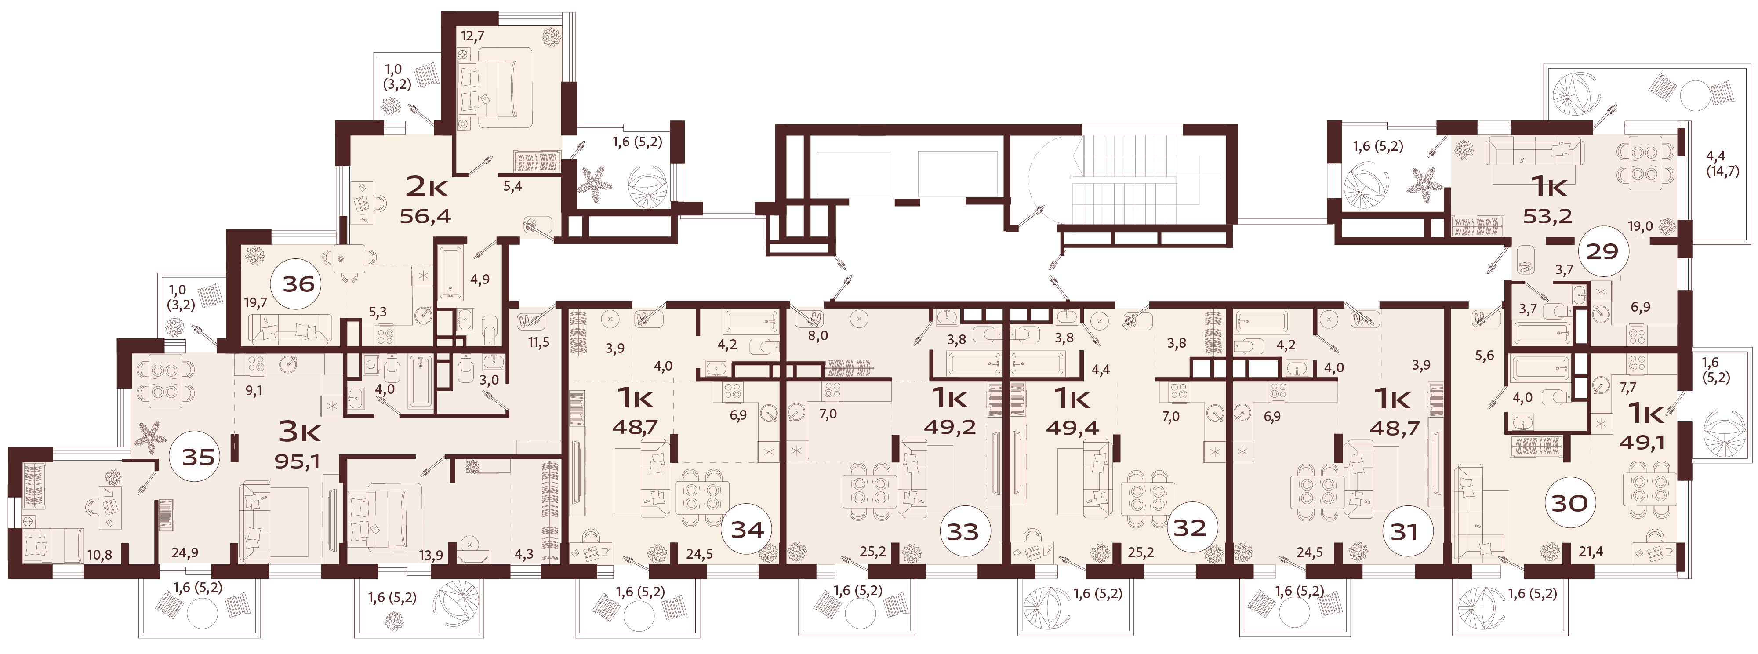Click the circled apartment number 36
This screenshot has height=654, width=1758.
tap(298, 283)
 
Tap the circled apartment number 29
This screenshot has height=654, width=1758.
tap(1602, 251)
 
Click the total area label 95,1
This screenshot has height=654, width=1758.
tap(298, 462)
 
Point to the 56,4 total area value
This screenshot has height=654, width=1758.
tap(425, 216)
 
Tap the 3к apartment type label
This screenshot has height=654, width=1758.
tap(300, 432)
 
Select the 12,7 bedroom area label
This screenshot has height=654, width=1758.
tap(472, 36)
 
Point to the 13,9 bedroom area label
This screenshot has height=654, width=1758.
tap(431, 555)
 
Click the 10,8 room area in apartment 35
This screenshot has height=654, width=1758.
tap(100, 555)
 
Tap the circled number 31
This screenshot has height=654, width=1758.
tap(1405, 531)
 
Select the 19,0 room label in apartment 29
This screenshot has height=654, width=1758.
tap(1640, 226)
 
